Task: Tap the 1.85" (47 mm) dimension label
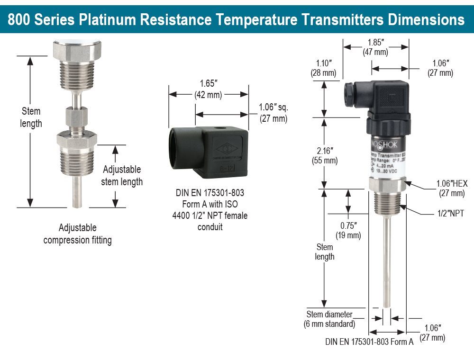(376, 47)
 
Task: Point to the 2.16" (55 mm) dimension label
(325, 155)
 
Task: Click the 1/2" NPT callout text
(450, 213)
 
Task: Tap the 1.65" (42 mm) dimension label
(209, 89)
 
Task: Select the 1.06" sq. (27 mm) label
(273, 113)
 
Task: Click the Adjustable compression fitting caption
(78, 234)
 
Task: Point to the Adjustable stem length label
(122, 175)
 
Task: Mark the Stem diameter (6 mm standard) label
(329, 319)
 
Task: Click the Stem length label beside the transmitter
(325, 252)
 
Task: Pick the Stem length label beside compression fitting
(31, 117)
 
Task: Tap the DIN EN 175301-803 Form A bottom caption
(369, 342)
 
